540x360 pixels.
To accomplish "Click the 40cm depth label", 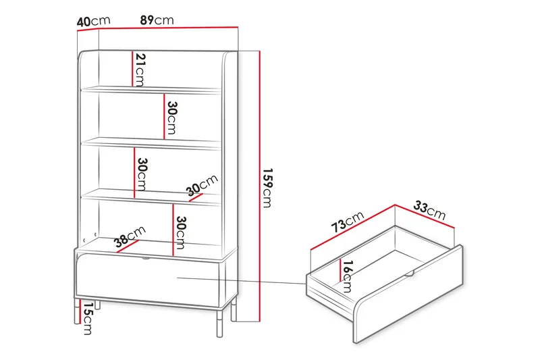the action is coord(93,21).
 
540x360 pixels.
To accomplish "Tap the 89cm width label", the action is coord(157,20).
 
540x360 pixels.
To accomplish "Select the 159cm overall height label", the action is coord(267,188).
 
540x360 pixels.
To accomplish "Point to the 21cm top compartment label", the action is coord(140,70).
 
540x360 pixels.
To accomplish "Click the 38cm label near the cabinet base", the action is coord(130,236).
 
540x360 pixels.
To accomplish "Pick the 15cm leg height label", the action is coord(88,319).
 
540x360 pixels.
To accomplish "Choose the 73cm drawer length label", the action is coord(348,222).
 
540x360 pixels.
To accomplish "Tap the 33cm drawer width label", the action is coord(429,210).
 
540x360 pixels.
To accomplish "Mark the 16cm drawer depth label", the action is coord(348,276).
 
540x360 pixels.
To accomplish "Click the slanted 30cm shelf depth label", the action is coord(202,184).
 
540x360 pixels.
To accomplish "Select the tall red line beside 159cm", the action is coord(260,186).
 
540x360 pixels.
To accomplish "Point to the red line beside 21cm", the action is coord(132,69).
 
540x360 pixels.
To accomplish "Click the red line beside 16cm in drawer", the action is coord(341,270).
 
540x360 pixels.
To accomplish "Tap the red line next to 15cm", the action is coord(80,312).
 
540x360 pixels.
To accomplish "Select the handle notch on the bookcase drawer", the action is coord(146,258).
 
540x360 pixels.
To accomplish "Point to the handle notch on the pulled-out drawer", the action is coord(410,274).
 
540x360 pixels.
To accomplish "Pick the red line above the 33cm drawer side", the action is coord(425,216).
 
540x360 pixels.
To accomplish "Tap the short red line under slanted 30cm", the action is coord(196,197).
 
